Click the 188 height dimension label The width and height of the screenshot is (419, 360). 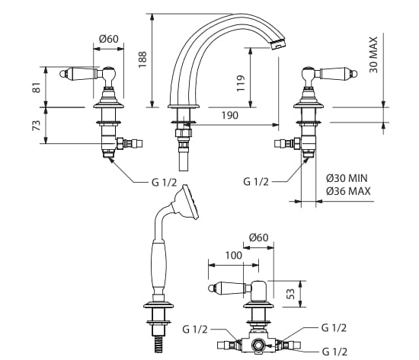point(142,59)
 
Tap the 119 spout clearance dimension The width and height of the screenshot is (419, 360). point(241,83)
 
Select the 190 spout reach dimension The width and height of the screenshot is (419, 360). point(230,116)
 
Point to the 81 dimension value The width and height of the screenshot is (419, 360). point(37,88)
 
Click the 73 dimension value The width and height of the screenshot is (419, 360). point(37,126)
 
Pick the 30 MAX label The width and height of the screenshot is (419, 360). point(373,55)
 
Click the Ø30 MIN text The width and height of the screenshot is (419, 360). point(347,178)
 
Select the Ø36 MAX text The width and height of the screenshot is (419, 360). point(348,191)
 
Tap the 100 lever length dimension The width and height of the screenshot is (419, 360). point(234,256)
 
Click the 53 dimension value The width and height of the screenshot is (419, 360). point(292,294)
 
